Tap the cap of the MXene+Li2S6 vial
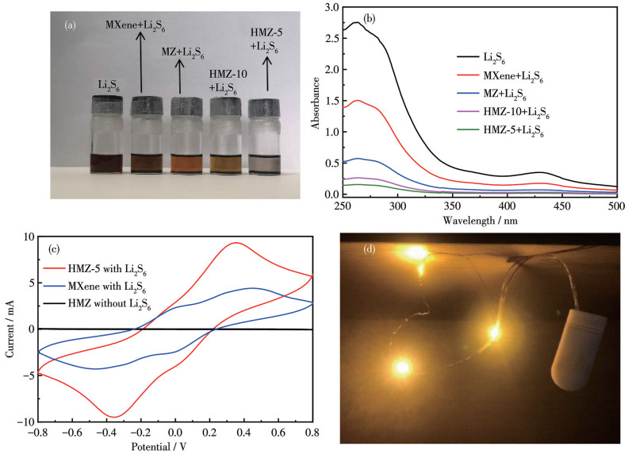coord(147,106)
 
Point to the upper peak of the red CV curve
coord(236,243)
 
